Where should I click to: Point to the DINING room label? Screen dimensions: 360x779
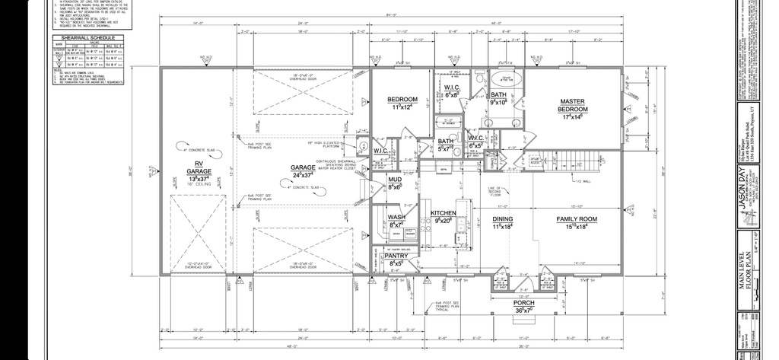(x=504, y=218)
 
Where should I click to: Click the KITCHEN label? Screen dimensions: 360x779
(x=444, y=213)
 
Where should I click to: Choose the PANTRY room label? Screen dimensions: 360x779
(x=396, y=256)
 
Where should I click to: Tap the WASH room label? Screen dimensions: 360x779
(x=396, y=217)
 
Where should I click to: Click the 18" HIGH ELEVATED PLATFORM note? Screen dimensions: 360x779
(x=323, y=143)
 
